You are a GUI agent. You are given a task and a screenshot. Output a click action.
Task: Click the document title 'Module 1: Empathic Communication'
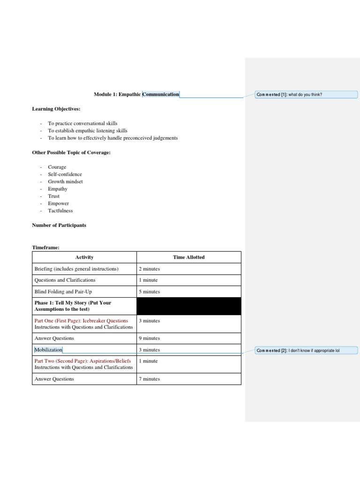click(136, 94)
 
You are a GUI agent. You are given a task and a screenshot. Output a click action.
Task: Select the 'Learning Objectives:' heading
click(56, 109)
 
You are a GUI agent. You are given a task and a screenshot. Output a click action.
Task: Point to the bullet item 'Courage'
click(57, 167)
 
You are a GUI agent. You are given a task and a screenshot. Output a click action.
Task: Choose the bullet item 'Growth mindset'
click(65, 181)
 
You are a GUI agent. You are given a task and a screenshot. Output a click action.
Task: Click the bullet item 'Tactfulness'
click(60, 210)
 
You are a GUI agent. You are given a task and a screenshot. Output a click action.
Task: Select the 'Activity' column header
click(84, 257)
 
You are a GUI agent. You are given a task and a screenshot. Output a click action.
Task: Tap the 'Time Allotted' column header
click(188, 257)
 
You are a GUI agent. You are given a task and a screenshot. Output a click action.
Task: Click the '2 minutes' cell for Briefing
click(150, 269)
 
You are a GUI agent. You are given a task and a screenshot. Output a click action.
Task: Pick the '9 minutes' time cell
click(150, 338)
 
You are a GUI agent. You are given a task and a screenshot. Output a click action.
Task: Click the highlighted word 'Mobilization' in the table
click(48, 350)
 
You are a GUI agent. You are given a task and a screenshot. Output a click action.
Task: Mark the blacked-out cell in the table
click(188, 306)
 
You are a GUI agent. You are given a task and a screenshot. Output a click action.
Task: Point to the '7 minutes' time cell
click(150, 379)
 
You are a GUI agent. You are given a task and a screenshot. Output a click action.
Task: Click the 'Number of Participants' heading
click(59, 225)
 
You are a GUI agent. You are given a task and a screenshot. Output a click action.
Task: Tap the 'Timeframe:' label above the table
click(45, 247)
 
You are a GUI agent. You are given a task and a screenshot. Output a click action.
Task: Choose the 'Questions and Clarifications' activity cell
click(65, 280)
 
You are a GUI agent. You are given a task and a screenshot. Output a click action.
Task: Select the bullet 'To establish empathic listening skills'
click(88, 131)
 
